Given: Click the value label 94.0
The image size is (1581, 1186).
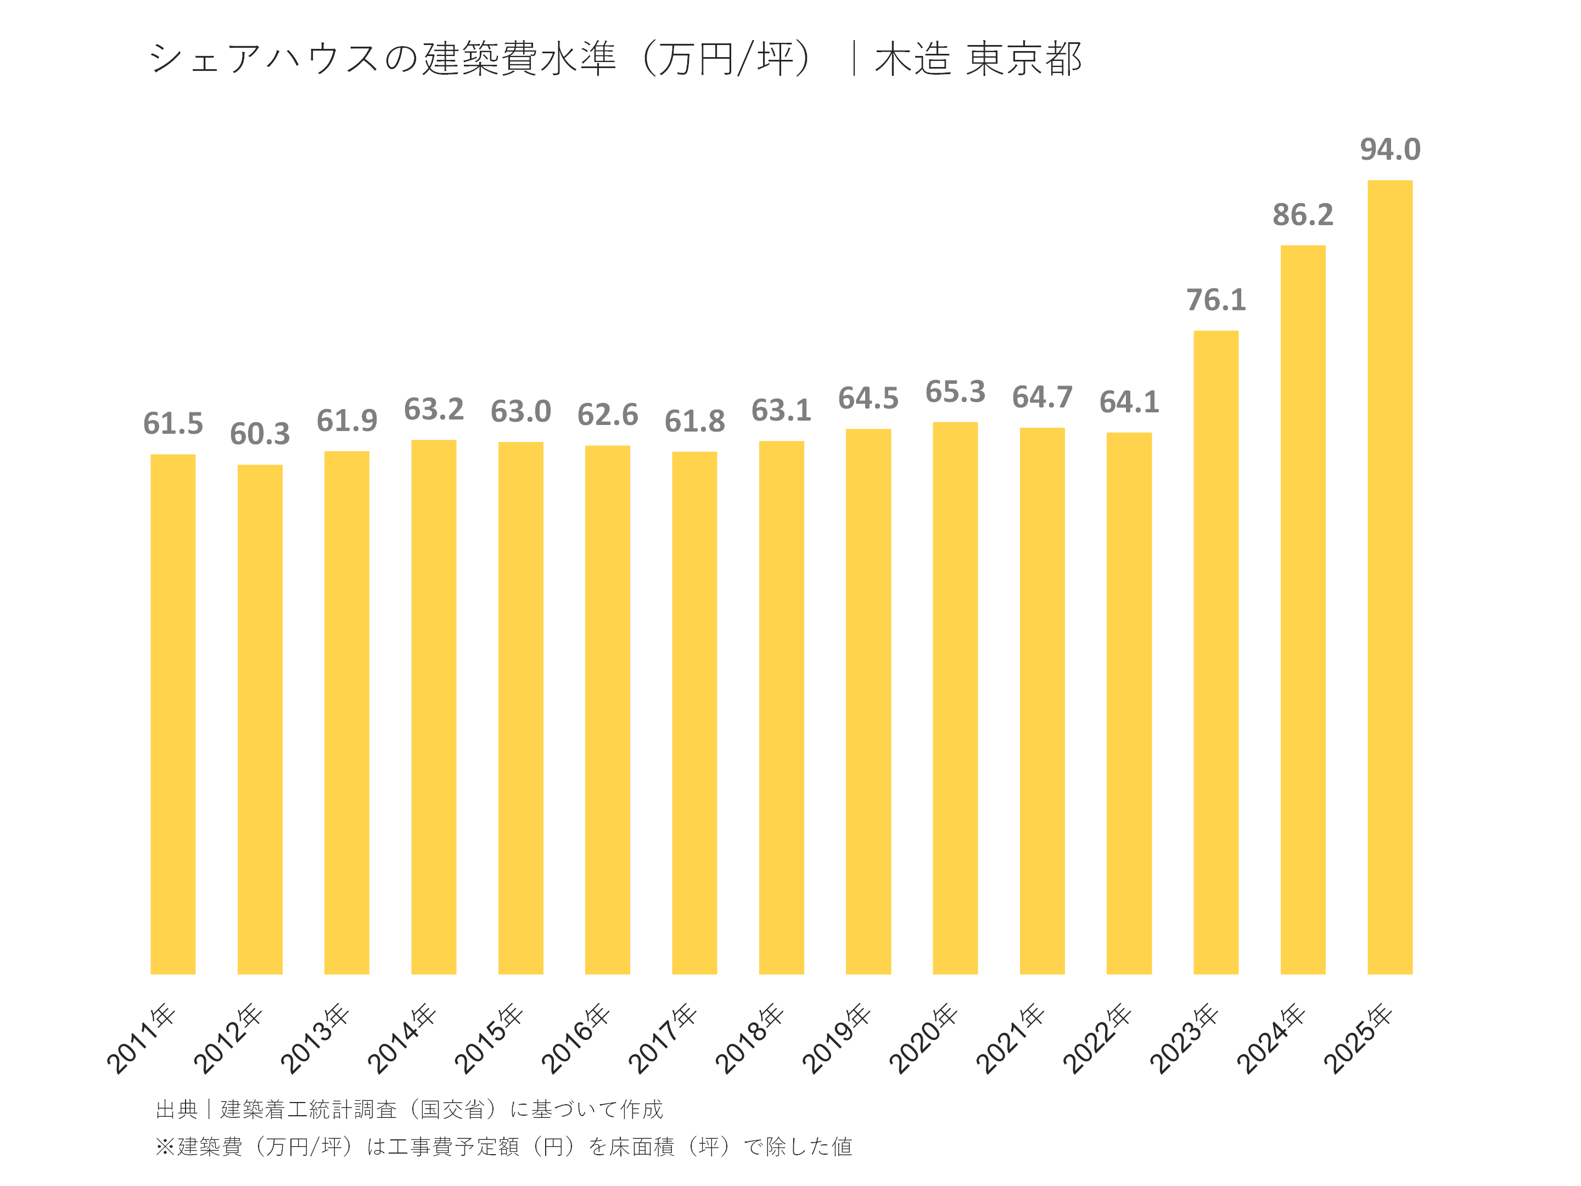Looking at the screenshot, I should [1389, 149].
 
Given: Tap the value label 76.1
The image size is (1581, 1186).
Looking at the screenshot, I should [1216, 300].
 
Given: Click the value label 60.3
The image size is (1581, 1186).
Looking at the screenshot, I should [260, 434].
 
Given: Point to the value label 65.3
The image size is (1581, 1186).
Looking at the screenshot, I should [955, 391].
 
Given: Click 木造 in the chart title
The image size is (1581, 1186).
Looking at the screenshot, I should [912, 59].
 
